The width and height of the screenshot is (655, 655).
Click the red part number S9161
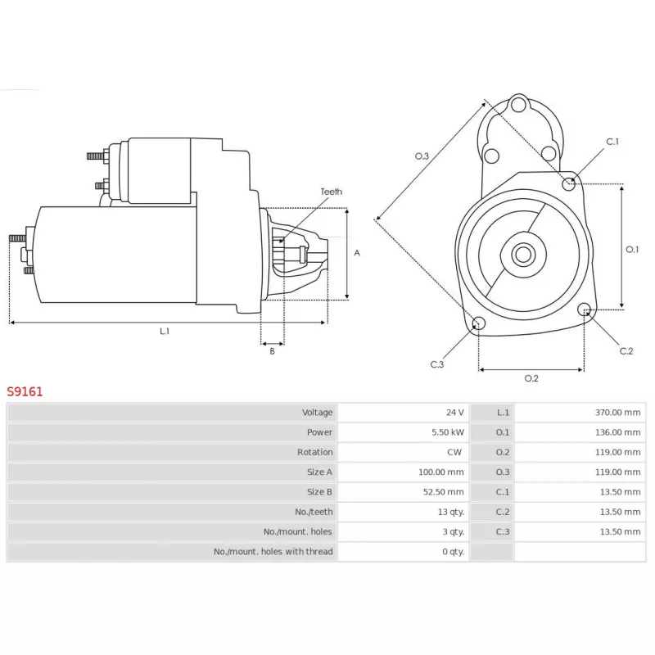pyautogui.click(x=25, y=391)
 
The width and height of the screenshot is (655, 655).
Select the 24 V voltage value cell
pyautogui.click(x=454, y=413)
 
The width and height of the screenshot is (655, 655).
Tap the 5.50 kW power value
pyautogui.click(x=449, y=432)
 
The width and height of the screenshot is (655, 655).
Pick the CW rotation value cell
pyautogui.click(x=454, y=452)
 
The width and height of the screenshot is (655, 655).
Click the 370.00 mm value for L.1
pyautogui.click(x=619, y=413)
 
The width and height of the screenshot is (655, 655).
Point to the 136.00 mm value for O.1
pyautogui.click(x=619, y=432)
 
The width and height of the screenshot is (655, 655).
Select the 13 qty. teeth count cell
pyautogui.click(x=451, y=512)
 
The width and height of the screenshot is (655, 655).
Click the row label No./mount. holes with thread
pyautogui.click(x=273, y=552)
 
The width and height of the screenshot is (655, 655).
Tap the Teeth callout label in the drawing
pyautogui.click(x=331, y=192)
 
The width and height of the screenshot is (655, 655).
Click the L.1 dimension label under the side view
pyautogui.click(x=165, y=332)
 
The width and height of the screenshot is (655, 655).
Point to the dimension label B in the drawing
pyautogui.click(x=272, y=351)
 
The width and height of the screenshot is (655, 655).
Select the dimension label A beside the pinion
pyautogui.click(x=357, y=253)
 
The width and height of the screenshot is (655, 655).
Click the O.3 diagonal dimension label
pyautogui.click(x=422, y=156)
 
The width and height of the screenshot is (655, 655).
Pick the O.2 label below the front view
pyautogui.click(x=531, y=378)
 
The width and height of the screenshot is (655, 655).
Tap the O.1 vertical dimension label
pyautogui.click(x=631, y=250)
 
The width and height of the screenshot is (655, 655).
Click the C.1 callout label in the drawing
pyautogui.click(x=612, y=142)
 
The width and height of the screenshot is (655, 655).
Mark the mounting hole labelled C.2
pyautogui.click(x=584, y=309)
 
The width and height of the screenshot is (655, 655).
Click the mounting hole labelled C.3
pyautogui.click(x=479, y=323)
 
